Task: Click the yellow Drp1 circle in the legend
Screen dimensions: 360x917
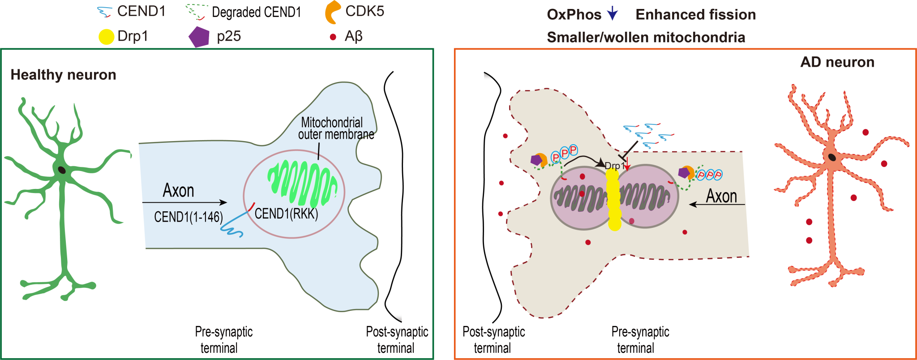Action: [x=106, y=37]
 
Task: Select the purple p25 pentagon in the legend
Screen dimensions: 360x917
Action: [x=199, y=37]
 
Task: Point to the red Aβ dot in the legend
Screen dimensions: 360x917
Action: [x=333, y=37]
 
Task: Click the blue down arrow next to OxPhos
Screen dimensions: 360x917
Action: [x=612, y=14]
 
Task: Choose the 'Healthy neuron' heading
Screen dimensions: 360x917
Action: [x=63, y=74]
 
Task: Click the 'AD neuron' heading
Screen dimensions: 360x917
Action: [x=837, y=62]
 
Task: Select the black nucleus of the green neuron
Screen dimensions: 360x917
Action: [x=61, y=170]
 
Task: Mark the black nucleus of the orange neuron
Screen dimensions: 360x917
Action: [x=831, y=157]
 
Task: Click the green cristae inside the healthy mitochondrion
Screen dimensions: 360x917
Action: [x=303, y=184]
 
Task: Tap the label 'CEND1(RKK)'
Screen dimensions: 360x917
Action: [x=286, y=214]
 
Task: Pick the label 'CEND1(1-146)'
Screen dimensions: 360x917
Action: [x=188, y=217]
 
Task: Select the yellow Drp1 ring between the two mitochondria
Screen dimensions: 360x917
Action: [x=614, y=199]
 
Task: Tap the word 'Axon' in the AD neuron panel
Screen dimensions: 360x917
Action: [x=721, y=196]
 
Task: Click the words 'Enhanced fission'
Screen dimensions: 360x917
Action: [x=695, y=14]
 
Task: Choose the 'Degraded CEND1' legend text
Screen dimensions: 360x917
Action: [x=256, y=12]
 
